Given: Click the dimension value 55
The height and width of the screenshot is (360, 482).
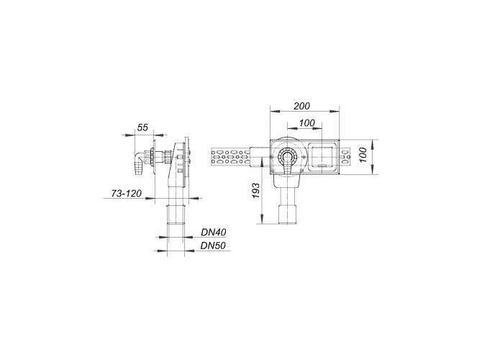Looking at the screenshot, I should (142, 127).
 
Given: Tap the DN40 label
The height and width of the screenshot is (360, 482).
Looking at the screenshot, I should (214, 232).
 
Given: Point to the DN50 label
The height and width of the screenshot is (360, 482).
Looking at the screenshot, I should (214, 246).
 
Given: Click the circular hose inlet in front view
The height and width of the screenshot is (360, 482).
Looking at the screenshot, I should (288, 160).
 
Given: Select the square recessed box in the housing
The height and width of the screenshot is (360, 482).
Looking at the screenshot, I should (321, 156).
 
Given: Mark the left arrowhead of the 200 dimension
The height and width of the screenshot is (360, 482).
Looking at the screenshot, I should (273, 111).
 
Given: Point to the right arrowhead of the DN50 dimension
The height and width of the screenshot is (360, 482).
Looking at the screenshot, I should (188, 250).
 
